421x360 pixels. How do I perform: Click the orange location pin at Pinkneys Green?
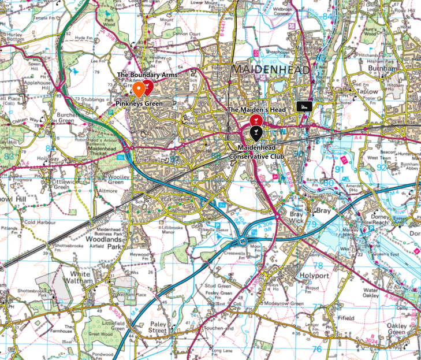(x=139, y=90)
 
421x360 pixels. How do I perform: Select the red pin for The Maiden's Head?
(x=255, y=120)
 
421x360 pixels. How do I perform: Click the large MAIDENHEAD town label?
(x=271, y=70)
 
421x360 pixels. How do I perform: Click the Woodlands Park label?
(x=105, y=241)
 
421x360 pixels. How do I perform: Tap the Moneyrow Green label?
(x=283, y=303)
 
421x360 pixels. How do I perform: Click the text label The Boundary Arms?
(x=147, y=75)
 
